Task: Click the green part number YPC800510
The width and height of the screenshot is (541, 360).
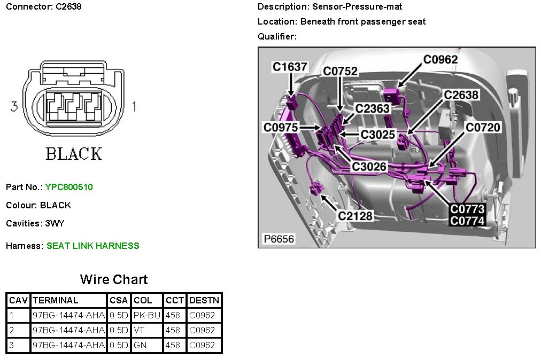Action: click(69, 187)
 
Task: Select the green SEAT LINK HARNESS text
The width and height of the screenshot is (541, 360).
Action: click(92, 246)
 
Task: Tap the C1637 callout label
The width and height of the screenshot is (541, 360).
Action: click(290, 67)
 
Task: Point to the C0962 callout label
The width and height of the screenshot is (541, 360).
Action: click(440, 59)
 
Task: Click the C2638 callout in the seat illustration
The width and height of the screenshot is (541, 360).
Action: click(461, 95)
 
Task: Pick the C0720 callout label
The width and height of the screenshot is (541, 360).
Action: click(483, 127)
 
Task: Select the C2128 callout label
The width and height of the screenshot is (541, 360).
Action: click(355, 216)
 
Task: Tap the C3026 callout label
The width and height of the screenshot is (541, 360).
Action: click(369, 167)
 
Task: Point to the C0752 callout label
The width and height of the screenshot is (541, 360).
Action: click(340, 72)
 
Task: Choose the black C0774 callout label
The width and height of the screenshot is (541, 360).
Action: click(467, 221)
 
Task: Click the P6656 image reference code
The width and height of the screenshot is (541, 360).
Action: click(279, 239)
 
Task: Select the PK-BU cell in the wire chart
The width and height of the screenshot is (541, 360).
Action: click(146, 315)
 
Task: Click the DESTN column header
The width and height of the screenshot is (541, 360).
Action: click(204, 300)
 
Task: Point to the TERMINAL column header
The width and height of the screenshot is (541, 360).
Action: click(56, 300)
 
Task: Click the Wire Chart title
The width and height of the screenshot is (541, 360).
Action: click(114, 279)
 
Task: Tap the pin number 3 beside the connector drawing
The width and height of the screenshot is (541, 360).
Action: click(14, 107)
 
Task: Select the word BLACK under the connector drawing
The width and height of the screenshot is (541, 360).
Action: click(74, 154)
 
